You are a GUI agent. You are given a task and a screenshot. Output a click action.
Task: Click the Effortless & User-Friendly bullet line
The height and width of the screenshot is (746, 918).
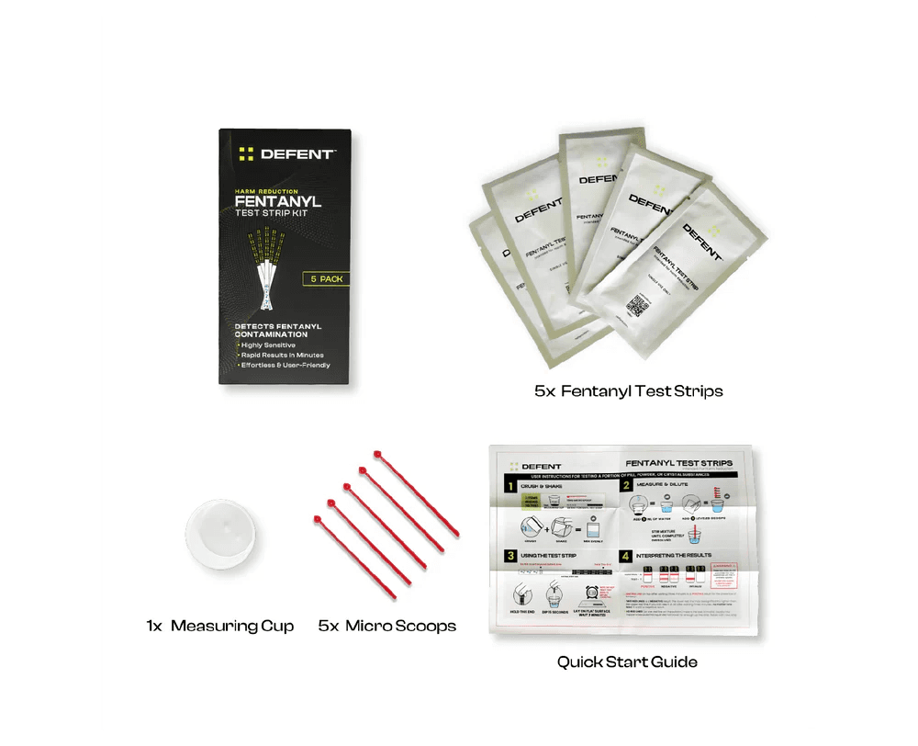click(x=285, y=365)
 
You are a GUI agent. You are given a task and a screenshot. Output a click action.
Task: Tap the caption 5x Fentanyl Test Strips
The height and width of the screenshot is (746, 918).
click(x=629, y=391)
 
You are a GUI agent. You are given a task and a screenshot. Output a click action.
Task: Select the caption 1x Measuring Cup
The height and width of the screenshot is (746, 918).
click(x=219, y=627)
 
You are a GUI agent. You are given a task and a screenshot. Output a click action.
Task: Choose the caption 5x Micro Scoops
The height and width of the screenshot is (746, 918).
click(x=387, y=627)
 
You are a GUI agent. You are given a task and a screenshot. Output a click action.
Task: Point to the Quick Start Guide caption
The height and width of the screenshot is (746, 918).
click(x=627, y=661)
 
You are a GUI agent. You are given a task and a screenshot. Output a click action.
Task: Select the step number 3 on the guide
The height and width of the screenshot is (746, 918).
click(x=505, y=555)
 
